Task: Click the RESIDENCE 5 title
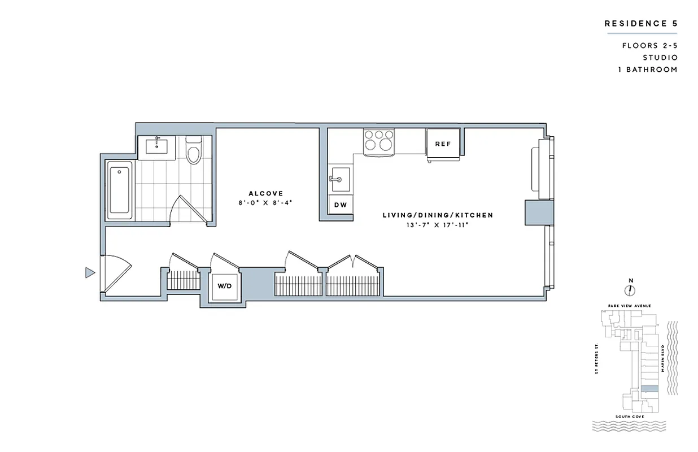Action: [x=640, y=24]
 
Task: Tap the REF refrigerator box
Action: [x=443, y=144]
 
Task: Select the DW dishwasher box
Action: [x=341, y=205]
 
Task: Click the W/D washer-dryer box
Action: [x=224, y=286]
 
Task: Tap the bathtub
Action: [x=120, y=190]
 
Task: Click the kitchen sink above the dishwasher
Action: [x=341, y=180]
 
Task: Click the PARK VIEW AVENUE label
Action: [x=630, y=306]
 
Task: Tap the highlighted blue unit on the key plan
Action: [x=649, y=389]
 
